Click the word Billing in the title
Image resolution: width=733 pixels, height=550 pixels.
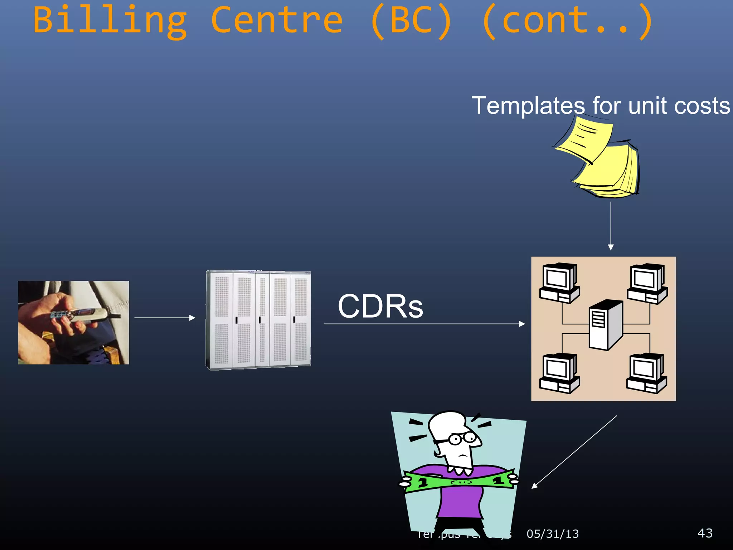point(110,21)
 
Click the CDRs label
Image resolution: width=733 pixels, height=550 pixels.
point(380,307)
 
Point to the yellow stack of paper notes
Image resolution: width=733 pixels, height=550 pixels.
point(601,161)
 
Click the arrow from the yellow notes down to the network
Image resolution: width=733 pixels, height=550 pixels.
point(611,226)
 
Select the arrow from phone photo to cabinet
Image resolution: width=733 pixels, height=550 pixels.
point(165,318)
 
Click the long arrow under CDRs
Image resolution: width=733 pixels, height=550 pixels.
point(424,324)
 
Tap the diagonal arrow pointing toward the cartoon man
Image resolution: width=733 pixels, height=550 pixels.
point(574,452)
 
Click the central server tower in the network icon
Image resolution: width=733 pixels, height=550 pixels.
point(606,325)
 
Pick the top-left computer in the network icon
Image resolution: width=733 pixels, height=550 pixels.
point(559,283)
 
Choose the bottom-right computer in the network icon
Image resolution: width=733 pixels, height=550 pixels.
point(646,373)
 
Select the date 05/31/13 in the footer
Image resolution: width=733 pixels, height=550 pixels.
point(553,534)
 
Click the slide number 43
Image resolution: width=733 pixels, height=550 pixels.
point(705,533)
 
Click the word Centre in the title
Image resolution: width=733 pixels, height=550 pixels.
point(277,21)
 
